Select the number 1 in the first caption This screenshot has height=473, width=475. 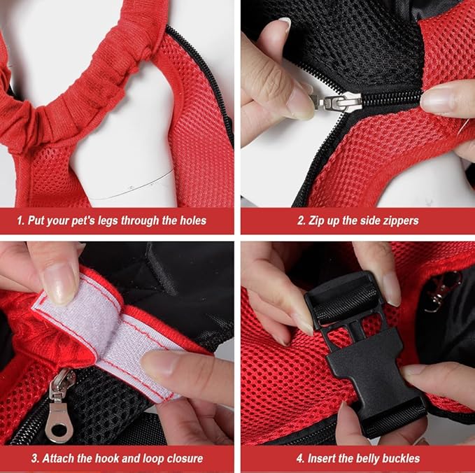click(x=20, y=220)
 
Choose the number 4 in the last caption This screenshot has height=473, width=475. click(x=299, y=458)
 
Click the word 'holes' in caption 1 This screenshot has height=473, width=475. click(x=190, y=220)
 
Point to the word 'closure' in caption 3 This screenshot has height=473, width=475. click(x=180, y=458)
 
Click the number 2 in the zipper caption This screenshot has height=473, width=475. click(x=300, y=220)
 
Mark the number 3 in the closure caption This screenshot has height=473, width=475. click(x=19, y=458)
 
